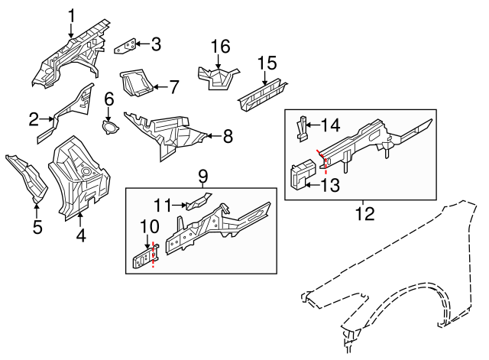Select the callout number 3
tap(156, 44)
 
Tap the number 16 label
tap(220, 47)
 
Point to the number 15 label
tap(266, 63)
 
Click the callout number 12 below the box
tap(366, 213)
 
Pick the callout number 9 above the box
tap(203, 177)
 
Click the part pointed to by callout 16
tap(218, 76)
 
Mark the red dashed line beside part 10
tap(154, 255)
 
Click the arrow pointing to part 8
tap(209, 138)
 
